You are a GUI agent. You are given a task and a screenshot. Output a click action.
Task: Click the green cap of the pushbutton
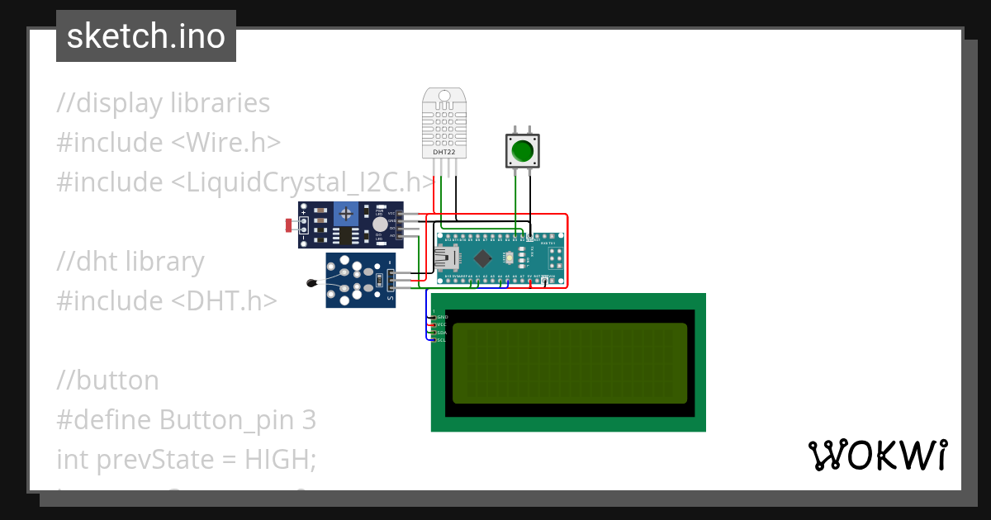click(522, 151)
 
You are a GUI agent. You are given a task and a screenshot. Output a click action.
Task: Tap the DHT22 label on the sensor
click(444, 152)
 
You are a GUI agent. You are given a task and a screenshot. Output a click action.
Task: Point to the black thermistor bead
click(311, 284)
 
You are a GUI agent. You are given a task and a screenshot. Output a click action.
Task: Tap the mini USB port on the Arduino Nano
click(447, 258)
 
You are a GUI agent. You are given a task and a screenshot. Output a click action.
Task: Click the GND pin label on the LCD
click(442, 317)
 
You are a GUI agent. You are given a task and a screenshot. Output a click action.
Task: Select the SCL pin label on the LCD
click(441, 340)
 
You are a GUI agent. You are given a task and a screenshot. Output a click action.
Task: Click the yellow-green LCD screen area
click(570, 362)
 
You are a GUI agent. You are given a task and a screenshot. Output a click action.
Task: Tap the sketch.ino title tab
click(146, 36)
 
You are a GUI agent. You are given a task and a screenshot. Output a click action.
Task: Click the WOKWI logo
click(877, 455)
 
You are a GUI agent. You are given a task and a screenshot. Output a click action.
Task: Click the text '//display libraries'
click(164, 103)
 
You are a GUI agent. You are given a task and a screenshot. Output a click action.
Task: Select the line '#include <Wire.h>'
click(168, 143)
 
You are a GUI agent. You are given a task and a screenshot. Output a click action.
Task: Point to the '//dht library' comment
click(130, 262)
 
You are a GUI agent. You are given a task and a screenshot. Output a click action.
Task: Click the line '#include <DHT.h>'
click(166, 301)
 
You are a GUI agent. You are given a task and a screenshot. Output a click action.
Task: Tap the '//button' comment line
click(107, 381)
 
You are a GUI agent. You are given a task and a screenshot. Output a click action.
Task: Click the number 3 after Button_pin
click(309, 420)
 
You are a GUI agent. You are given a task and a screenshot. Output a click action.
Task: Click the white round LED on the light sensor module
click(379, 224)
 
